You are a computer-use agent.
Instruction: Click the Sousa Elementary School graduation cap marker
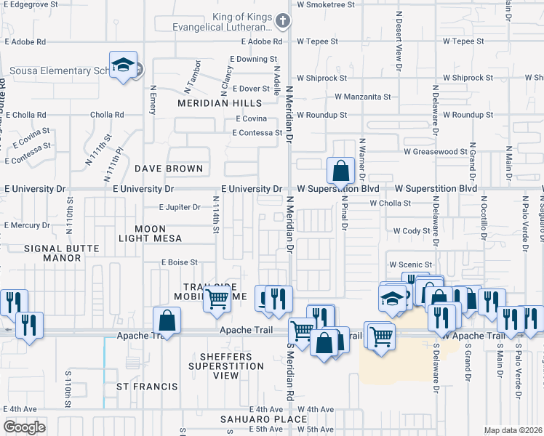pos(124,65)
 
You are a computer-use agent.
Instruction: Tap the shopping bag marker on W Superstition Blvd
pos(340,171)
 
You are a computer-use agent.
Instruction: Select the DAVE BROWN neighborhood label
pos(169,169)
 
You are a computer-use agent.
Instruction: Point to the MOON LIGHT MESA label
pos(151,233)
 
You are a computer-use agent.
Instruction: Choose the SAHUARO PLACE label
pos(255,420)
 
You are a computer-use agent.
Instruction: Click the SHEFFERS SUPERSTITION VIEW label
pos(225,366)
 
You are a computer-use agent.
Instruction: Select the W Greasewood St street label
pos(435,152)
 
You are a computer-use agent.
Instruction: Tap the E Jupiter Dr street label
pos(180,207)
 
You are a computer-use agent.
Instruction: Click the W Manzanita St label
pos(362,97)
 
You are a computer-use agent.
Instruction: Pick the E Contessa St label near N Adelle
pos(257,133)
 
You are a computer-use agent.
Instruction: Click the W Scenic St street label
pos(411,265)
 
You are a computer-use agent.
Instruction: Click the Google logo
pos(24,427)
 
